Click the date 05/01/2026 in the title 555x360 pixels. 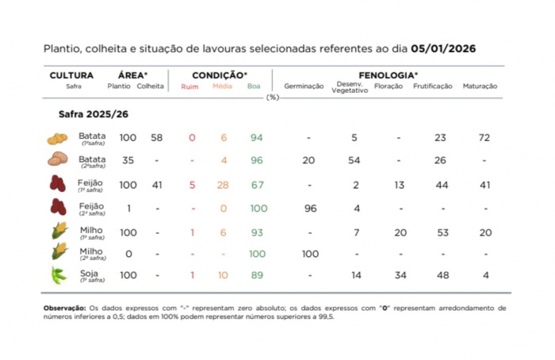click(438, 48)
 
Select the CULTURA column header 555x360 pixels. click(71, 75)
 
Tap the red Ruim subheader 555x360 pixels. click(190, 86)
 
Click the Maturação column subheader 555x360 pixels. click(479, 86)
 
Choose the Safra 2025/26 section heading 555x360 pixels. click(93, 114)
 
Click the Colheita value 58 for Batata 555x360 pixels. click(157, 138)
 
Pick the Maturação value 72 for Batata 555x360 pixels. click(485, 138)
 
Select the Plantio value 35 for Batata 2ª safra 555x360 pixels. click(128, 160)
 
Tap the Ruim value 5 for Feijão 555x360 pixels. click(192, 185)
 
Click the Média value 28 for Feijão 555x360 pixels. click(223, 185)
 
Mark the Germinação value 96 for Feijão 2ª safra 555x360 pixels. click(309, 209)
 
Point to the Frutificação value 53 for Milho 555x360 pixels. click(442, 232)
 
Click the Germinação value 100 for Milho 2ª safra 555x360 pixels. click(309, 254)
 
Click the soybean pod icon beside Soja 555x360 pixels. click(58, 276)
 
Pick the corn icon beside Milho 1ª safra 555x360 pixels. click(58, 231)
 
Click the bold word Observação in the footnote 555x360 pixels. click(67, 308)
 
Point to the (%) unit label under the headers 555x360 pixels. click(273, 98)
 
